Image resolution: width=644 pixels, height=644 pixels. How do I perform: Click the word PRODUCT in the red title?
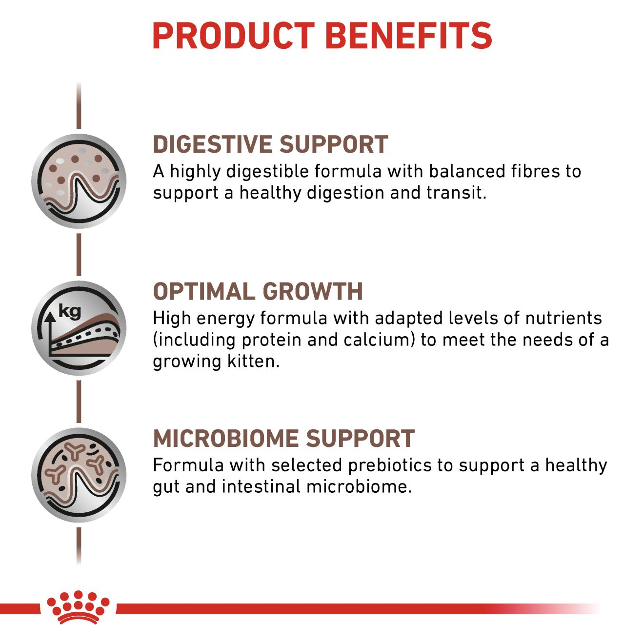(233, 36)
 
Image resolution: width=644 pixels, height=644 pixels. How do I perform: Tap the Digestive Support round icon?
(79, 181)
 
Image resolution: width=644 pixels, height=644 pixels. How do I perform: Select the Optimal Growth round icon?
(79, 328)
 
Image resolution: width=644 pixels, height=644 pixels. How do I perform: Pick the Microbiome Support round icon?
(79, 475)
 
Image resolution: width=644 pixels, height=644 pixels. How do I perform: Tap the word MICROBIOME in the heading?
(225, 439)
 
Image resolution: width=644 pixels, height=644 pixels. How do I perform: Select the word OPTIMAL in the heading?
(203, 292)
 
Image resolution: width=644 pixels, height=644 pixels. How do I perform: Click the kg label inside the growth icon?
(69, 311)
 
